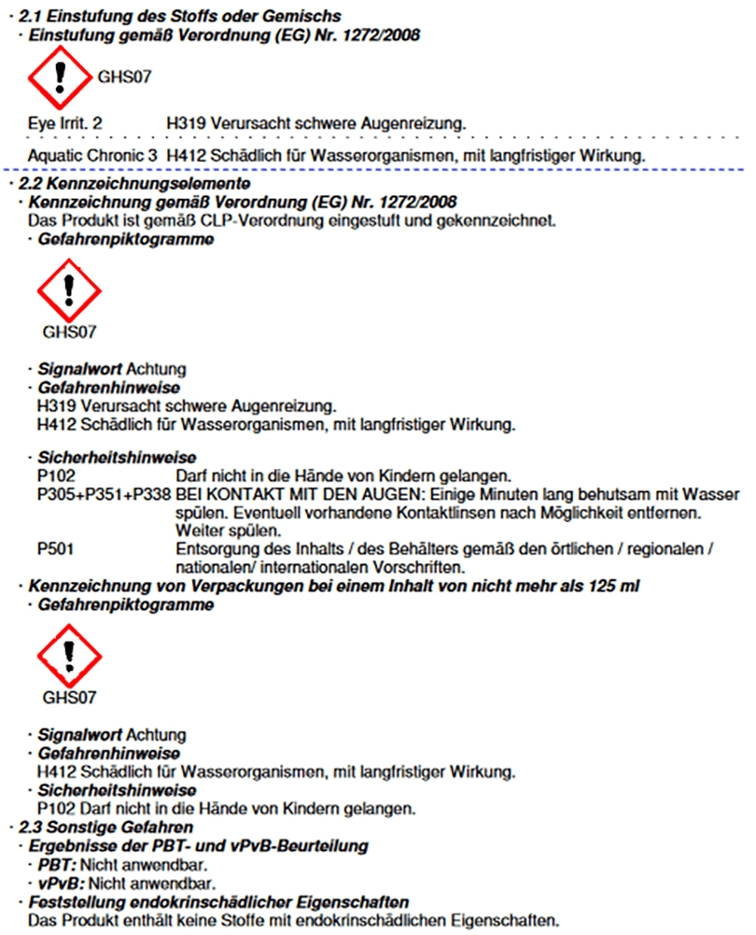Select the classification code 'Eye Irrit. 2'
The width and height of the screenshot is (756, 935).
[x=65, y=122]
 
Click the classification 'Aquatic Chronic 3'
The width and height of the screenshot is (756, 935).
[x=92, y=154]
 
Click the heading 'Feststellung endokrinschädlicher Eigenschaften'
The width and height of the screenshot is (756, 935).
[x=219, y=902]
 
